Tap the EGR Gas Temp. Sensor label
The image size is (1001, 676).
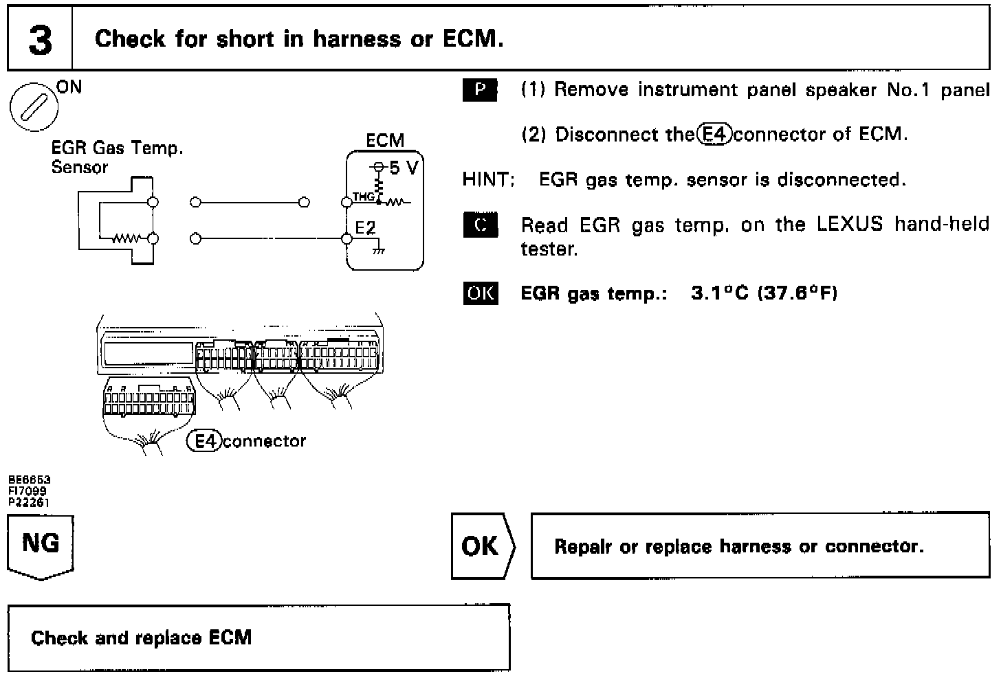(117, 157)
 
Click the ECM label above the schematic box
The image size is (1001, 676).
(385, 141)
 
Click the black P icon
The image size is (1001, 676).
(480, 91)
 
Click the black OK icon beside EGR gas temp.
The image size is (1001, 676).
(480, 293)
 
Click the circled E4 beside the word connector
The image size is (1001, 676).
(204, 441)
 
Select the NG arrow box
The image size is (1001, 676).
(41, 548)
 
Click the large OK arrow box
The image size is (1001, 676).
(482, 546)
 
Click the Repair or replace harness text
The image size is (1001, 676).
(738, 546)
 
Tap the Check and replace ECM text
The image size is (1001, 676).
(141, 638)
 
